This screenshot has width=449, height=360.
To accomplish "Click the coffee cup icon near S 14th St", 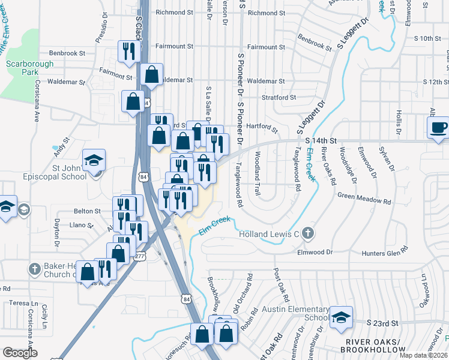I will click(438, 127).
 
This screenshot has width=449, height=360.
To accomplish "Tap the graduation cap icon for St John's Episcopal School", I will click(94, 160).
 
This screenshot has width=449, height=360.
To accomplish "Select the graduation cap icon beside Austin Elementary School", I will click(341, 317).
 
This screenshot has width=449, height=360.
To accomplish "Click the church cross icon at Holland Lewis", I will click(307, 233).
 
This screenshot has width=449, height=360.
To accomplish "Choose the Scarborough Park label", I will click(20, 68).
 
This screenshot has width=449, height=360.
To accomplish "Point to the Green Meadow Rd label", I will click(364, 196).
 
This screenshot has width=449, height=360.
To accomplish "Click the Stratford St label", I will click(279, 97).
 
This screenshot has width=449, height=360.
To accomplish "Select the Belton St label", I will click(87, 211).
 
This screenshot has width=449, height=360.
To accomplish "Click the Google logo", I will click(20, 353).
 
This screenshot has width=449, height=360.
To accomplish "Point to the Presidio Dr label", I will click(101, 29).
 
